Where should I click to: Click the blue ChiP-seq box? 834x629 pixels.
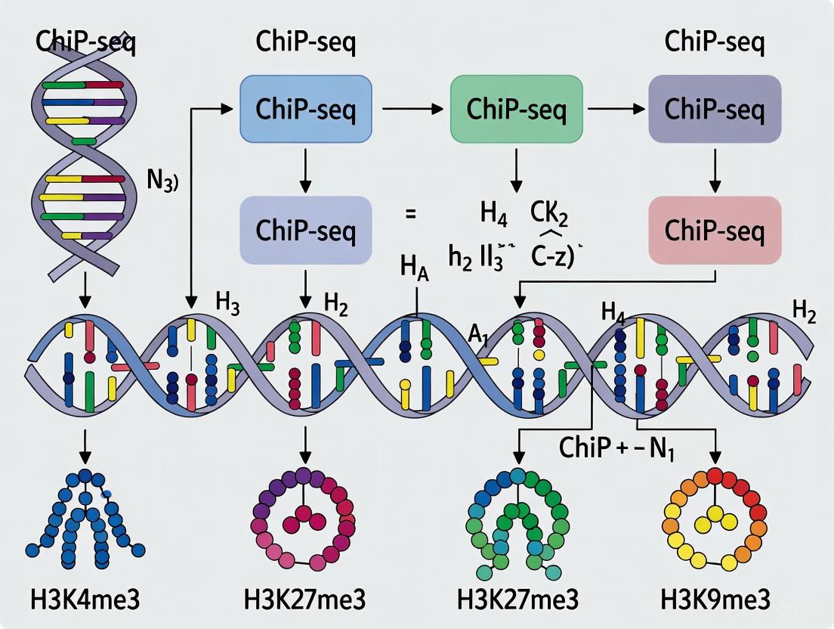coord(305,110)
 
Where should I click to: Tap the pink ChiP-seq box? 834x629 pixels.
coord(715,231)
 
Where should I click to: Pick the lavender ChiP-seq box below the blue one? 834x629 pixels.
coord(305,231)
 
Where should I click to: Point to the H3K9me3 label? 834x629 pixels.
coord(715,601)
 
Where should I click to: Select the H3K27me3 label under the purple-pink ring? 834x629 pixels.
coord(305,601)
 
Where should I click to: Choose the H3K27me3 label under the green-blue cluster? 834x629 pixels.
coord(518,601)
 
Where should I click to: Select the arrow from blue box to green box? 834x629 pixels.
coord(412,110)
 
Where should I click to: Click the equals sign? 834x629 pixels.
coord(411,214)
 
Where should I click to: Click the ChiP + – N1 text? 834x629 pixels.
coord(617,448)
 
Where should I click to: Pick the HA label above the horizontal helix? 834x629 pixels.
coord(414,270)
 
